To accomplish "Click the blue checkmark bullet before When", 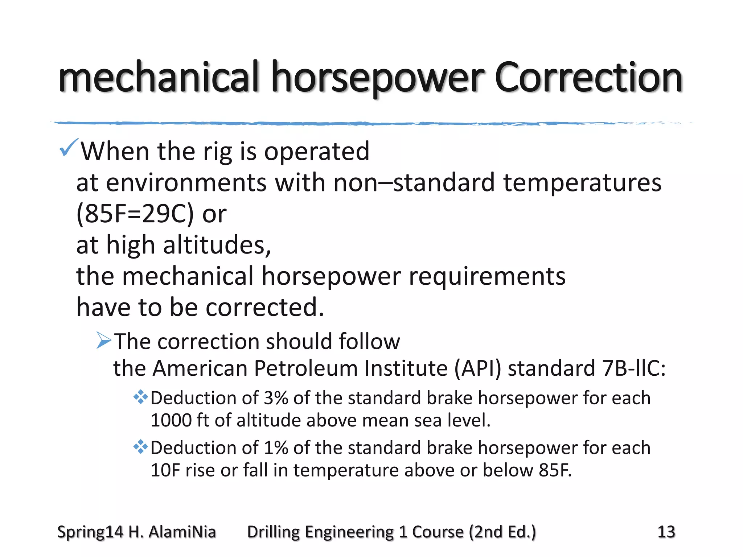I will (x=68, y=148).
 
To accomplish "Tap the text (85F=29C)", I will (x=135, y=214).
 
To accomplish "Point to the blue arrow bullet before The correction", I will (x=104, y=341).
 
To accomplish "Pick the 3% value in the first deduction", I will (x=276, y=398).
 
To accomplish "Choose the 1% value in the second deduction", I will (x=276, y=447).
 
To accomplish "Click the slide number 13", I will (x=666, y=532).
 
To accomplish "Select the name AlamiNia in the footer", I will (x=182, y=532).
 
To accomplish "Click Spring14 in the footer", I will (x=90, y=532).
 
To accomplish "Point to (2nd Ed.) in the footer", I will (x=502, y=532).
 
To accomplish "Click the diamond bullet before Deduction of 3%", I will (x=140, y=397).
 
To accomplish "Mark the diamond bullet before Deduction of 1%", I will (x=140, y=447).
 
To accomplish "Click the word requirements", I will (x=487, y=276).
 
